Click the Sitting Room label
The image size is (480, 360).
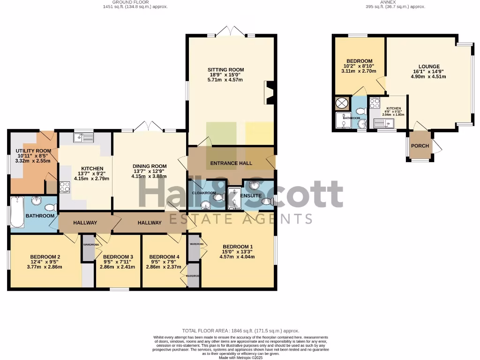(x=226, y=70)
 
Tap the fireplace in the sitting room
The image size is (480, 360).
(x=270, y=92)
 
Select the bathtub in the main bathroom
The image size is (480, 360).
(x=17, y=212)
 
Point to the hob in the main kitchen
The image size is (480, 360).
(x=64, y=187)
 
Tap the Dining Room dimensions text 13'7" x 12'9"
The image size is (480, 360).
(x=150, y=172)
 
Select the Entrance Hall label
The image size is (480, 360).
(x=231, y=163)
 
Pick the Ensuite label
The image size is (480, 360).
(x=251, y=196)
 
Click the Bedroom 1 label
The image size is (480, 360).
(x=238, y=247)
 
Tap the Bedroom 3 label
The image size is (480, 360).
(x=118, y=257)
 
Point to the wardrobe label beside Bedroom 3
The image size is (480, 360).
(x=91, y=245)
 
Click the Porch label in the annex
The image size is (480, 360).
(x=420, y=146)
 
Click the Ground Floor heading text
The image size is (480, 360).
(x=135, y=2)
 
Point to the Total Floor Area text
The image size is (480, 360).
(x=240, y=330)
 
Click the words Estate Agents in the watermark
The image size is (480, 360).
(x=240, y=219)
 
